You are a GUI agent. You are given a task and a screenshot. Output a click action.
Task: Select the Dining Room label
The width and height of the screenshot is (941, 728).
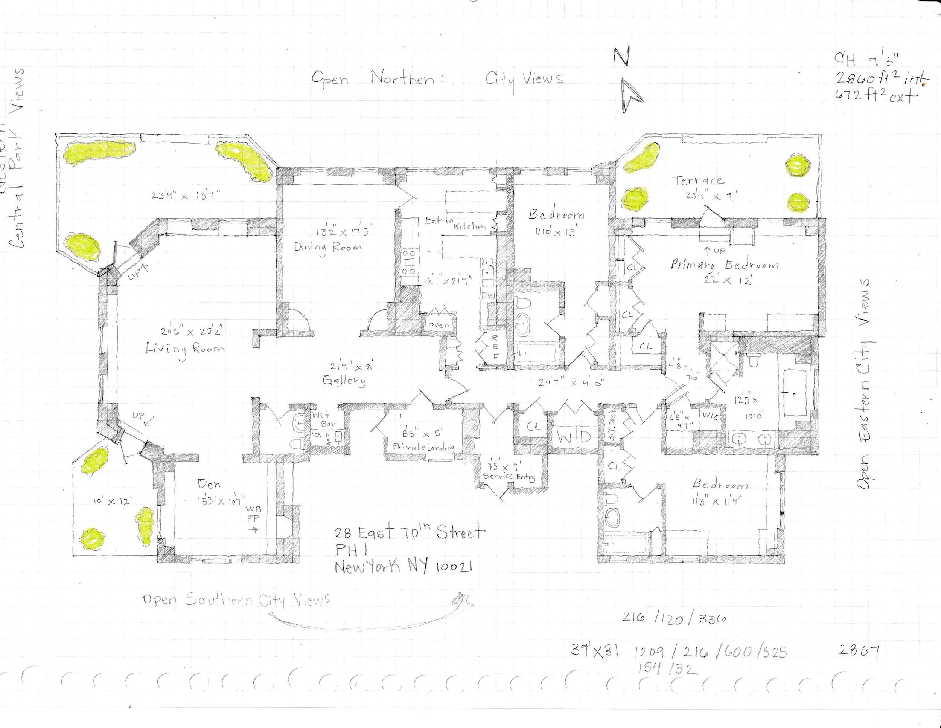[328, 248]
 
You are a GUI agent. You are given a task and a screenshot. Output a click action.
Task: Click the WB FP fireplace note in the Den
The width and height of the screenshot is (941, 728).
[253, 514]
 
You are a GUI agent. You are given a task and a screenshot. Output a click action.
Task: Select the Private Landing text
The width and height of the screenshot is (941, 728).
[423, 447]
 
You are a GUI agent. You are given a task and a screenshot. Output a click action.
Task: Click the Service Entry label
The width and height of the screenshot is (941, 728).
[509, 476]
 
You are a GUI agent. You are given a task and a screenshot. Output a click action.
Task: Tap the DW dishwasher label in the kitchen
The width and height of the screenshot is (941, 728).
[488, 296]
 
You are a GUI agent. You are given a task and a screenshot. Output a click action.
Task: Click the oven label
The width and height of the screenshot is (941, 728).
[439, 325]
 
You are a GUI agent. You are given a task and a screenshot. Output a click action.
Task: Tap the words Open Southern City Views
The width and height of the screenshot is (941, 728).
[236, 600]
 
